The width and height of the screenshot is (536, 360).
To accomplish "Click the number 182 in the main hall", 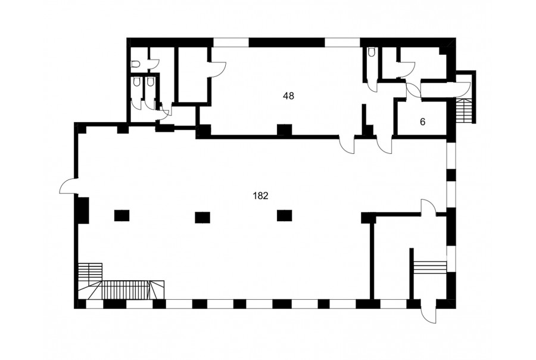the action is [x=260, y=195].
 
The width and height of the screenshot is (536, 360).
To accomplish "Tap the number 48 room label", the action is [x=288, y=96].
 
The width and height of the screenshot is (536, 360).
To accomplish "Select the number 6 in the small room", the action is [x=422, y=122].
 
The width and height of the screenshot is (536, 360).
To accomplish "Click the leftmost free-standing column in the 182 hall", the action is [x=121, y=216].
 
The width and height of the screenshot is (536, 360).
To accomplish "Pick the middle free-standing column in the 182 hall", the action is [x=202, y=218].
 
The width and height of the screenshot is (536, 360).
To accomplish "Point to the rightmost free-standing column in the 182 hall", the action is [x=285, y=216].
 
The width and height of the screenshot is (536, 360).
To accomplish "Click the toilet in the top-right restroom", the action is [x=371, y=52].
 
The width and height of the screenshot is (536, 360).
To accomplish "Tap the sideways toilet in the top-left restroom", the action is [x=136, y=64].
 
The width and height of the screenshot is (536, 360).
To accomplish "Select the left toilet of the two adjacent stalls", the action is [x=137, y=82].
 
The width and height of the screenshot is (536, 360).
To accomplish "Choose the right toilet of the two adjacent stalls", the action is [x=149, y=82].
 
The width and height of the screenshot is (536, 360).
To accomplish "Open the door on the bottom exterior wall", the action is [x=429, y=311].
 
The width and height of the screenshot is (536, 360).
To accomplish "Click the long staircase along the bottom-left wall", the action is [x=126, y=290].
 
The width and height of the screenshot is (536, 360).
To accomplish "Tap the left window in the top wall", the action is [x=231, y=42].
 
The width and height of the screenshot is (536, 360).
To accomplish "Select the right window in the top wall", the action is [x=342, y=42].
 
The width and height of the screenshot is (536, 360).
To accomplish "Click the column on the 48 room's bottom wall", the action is [x=285, y=130].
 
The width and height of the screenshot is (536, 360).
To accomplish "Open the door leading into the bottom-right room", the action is [x=428, y=207].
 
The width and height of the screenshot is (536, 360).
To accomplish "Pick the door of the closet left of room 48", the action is [x=217, y=70].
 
